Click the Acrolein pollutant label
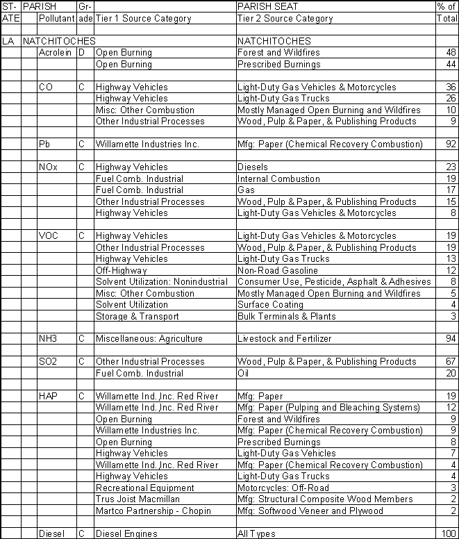click(x=56, y=53)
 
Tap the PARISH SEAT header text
click(x=265, y=6)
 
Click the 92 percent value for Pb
click(x=449, y=144)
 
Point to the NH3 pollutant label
click(x=49, y=339)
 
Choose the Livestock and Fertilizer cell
click(x=284, y=339)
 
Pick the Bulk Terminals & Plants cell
click(x=286, y=316)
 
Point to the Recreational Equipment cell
click(x=144, y=488)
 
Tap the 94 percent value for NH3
click(x=449, y=339)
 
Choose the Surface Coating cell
click(x=269, y=305)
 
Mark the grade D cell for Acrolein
click(x=81, y=53)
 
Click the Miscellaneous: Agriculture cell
click(x=149, y=339)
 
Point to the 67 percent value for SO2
click(x=449, y=362)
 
